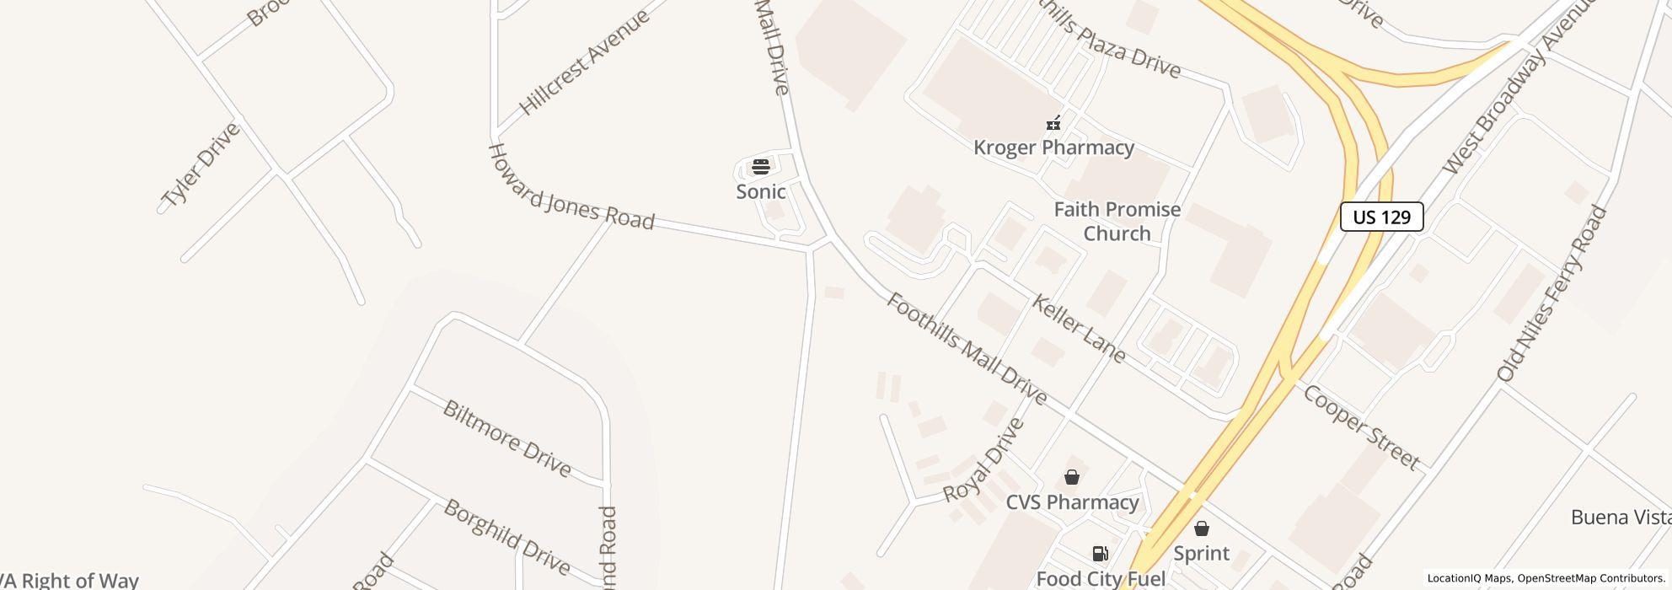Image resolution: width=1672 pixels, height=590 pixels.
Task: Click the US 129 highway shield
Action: click(1381, 217)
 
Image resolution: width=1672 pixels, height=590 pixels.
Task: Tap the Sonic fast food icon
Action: click(761, 167)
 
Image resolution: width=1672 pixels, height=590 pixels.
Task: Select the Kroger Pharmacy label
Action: click(1053, 147)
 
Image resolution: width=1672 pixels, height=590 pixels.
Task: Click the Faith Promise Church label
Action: click(1117, 221)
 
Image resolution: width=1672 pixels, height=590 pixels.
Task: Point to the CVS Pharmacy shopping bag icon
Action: click(1072, 478)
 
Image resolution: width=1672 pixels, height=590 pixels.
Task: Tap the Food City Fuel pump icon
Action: click(1100, 554)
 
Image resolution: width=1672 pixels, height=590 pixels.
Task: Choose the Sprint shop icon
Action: click(1202, 528)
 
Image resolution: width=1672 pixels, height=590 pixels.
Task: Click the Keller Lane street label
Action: click(1079, 329)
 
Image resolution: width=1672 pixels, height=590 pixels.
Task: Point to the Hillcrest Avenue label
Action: click(584, 62)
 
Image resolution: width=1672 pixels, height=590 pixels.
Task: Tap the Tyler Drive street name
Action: click(201, 165)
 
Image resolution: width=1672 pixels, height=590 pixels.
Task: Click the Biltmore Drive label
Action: click(506, 438)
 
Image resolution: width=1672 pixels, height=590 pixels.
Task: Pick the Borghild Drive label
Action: click(506, 536)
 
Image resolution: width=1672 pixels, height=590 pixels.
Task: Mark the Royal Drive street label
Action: click(983, 460)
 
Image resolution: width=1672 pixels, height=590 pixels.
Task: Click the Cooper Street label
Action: click(1362, 426)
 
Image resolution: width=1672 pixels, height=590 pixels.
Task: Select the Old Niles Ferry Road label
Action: click(1552, 293)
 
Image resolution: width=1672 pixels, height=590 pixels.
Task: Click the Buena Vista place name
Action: click(1620, 517)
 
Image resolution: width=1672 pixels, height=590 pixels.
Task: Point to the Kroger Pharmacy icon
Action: click(1053, 124)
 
